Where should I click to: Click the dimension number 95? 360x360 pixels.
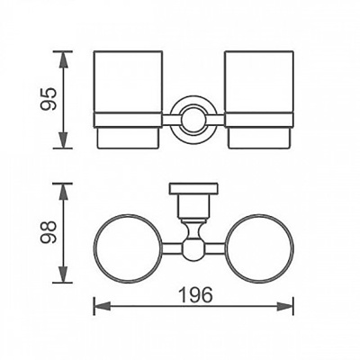tap(49, 99)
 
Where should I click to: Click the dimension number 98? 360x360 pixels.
tap(49, 232)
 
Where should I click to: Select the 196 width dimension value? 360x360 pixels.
tap(195, 294)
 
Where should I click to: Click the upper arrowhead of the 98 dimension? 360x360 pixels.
tap(63, 193)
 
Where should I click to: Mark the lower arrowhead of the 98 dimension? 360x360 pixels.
tap(63, 273)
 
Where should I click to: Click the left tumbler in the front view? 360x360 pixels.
tap(128, 100)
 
